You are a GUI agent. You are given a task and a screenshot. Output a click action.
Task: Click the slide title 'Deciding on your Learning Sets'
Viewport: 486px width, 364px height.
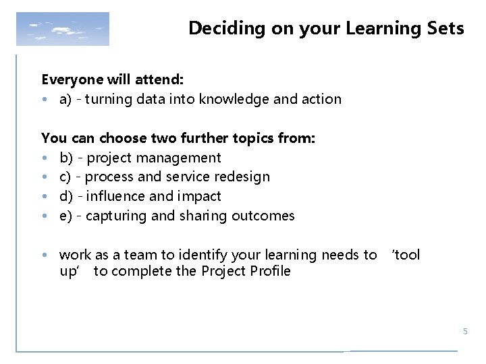(x=326, y=28)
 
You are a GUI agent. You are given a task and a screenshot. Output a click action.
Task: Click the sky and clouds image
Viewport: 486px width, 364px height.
(x=62, y=29)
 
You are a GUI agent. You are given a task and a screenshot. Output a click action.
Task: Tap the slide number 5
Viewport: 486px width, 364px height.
(x=464, y=332)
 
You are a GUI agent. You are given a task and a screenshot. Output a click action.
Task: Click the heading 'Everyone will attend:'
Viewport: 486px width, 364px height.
(x=108, y=80)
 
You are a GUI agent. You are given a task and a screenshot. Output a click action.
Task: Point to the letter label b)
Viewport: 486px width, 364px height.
(x=66, y=158)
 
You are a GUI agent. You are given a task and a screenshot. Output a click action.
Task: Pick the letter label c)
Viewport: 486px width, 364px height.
(x=66, y=177)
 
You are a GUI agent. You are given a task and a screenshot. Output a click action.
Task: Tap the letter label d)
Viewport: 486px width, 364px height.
(x=66, y=196)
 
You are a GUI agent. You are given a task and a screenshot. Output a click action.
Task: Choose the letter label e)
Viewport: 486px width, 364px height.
(x=66, y=216)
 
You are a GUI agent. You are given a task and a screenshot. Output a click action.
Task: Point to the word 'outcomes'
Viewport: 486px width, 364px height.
(x=265, y=216)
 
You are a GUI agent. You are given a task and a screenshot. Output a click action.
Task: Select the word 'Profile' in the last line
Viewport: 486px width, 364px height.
(x=268, y=271)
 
